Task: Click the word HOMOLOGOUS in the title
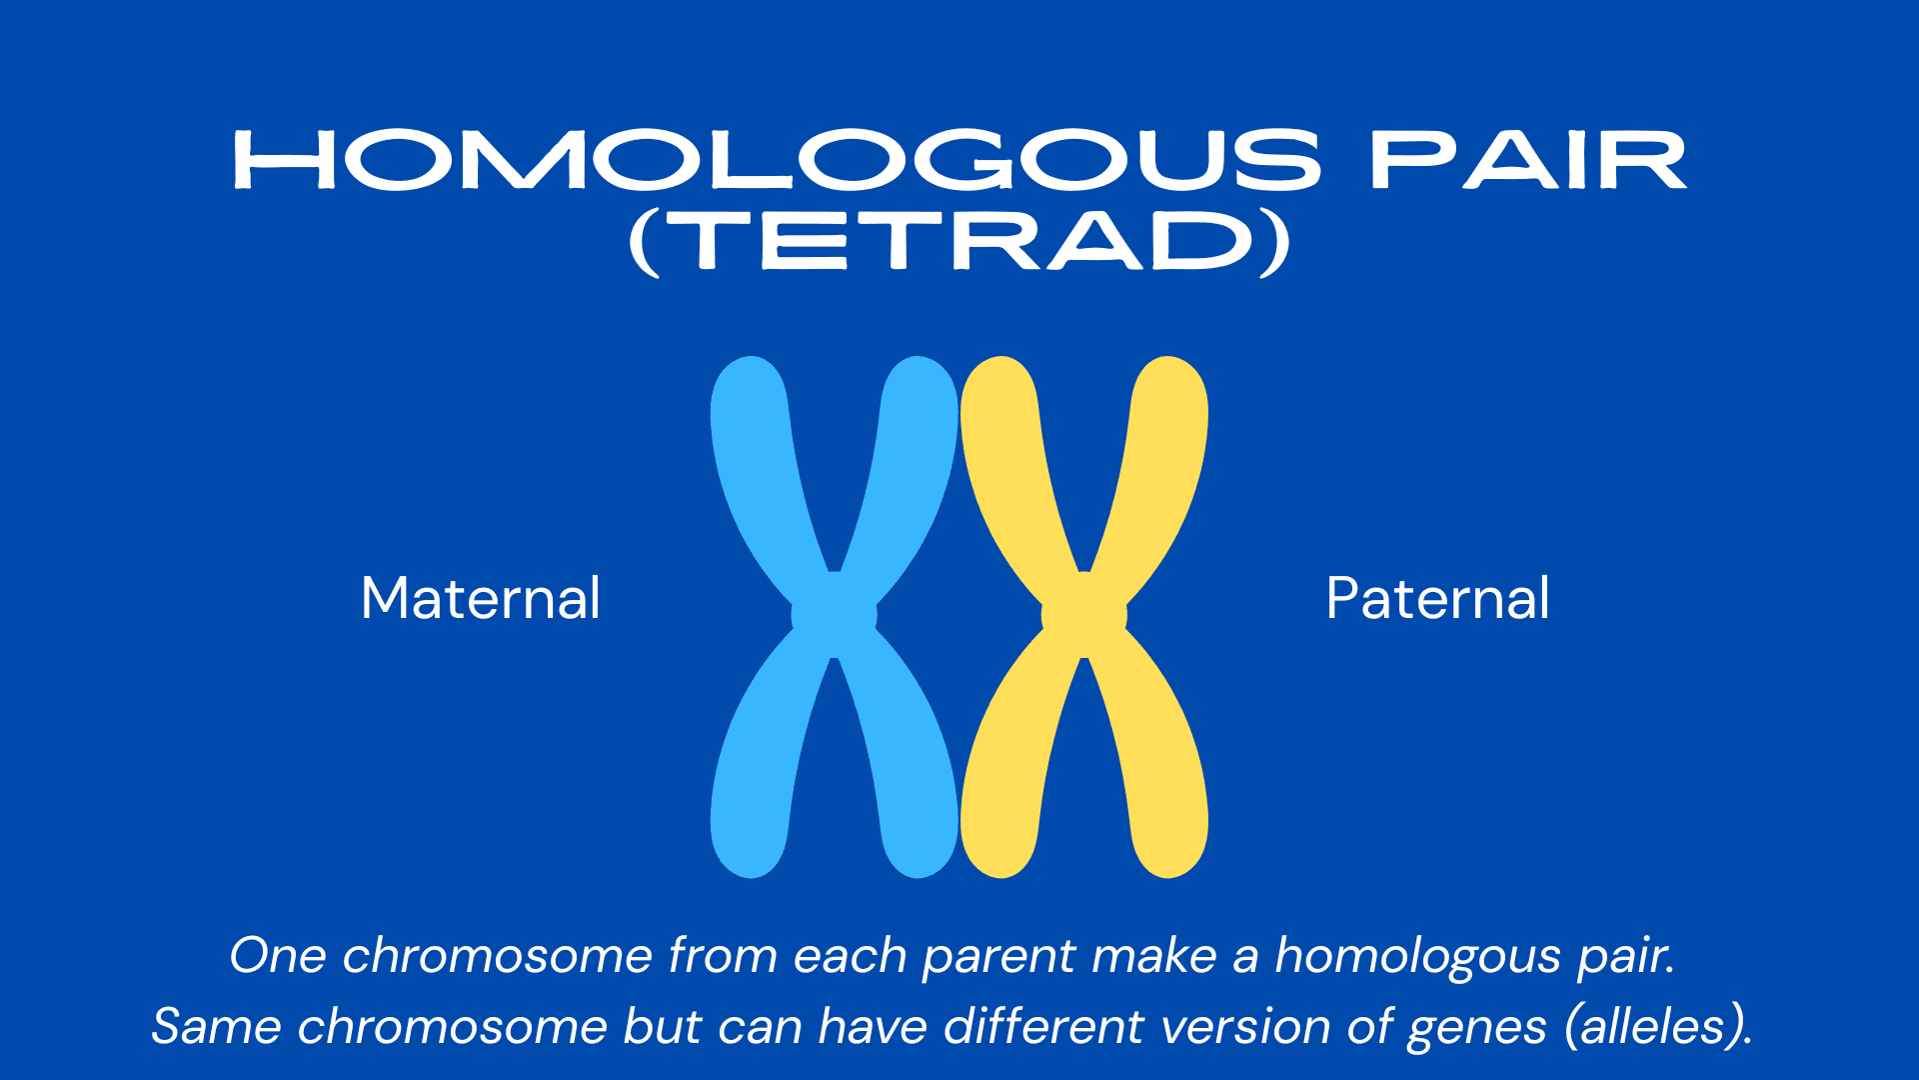pyautogui.click(x=778, y=160)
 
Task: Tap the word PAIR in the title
pyautogui.click(x=1529, y=160)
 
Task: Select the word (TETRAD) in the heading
pyautogui.click(x=959, y=243)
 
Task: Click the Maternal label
pyautogui.click(x=481, y=598)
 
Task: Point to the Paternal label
pyautogui.click(x=1437, y=598)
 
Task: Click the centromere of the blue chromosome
pyautogui.click(x=834, y=615)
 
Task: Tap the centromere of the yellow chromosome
pyautogui.click(x=1083, y=615)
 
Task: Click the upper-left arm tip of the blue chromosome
pyautogui.click(x=750, y=363)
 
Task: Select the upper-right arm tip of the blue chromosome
pyautogui.click(x=919, y=363)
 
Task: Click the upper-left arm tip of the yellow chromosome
pyautogui.click(x=999, y=363)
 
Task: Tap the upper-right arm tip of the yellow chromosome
pyautogui.click(x=1168, y=363)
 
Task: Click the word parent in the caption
pyautogui.click(x=997, y=957)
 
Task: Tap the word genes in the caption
pyautogui.click(x=1476, y=1029)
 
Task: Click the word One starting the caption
pyautogui.click(x=278, y=955)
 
